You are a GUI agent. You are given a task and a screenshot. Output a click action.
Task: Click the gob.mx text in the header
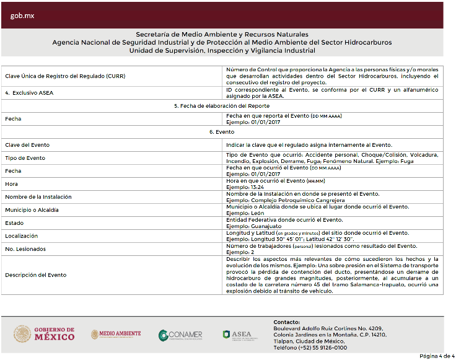pyautogui.click(x=22, y=15)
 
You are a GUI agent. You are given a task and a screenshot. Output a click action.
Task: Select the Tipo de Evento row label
pyautogui.click(x=25, y=158)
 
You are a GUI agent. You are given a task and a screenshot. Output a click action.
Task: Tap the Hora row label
pyautogui.click(x=11, y=184)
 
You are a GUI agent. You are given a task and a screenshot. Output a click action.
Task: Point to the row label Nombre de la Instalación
pyautogui.click(x=38, y=197)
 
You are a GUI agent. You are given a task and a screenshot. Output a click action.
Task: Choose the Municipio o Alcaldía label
pyautogui.click(x=32, y=210)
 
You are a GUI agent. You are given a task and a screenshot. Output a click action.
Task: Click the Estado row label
pyautogui.click(x=14, y=223)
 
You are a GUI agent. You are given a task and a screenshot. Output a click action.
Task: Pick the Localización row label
pyautogui.click(x=22, y=236)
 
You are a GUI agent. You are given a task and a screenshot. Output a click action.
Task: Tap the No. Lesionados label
pyautogui.click(x=25, y=249)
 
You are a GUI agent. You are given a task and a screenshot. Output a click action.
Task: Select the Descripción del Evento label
pyautogui.click(x=35, y=274)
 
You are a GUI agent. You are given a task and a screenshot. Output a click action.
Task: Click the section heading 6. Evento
pyautogui.click(x=221, y=132)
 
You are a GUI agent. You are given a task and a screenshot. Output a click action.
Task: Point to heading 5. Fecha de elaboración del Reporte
pyautogui.click(x=221, y=106)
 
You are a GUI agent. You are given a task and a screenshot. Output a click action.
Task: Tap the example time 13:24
pyautogui.click(x=256, y=187)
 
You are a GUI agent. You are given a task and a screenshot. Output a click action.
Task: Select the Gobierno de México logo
pyautogui.click(x=44, y=334)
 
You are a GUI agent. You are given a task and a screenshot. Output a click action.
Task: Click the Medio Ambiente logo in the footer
pyautogui.click(x=116, y=334)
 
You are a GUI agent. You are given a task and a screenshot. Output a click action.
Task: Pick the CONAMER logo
pyautogui.click(x=180, y=335)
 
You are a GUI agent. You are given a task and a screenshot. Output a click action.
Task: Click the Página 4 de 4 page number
pyautogui.click(x=437, y=356)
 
